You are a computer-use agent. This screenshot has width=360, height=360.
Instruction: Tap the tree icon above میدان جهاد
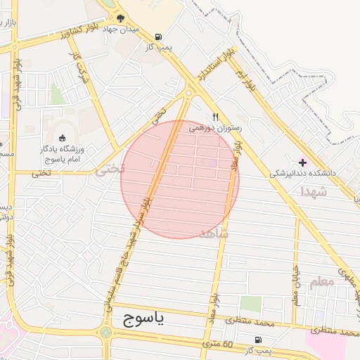[121, 19]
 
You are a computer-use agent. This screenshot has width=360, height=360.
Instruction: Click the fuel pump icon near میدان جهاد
[158, 37]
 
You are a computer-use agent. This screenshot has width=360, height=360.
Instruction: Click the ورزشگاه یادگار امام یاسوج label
[62, 154]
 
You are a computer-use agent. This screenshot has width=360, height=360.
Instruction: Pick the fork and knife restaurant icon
[216, 117]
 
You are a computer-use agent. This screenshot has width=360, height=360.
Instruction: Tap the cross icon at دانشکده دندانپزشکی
[303, 162]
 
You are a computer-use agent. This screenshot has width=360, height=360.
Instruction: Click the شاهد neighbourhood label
[214, 233]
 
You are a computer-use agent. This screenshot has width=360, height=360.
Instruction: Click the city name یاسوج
[143, 320]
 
